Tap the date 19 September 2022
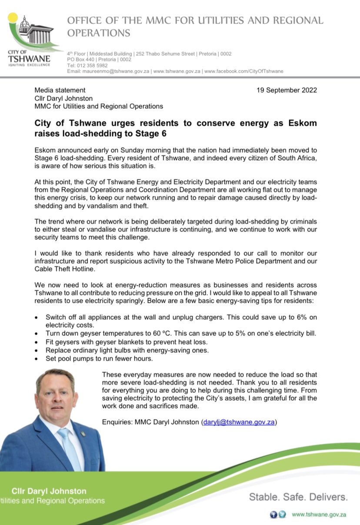287,90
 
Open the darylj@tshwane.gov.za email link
239,422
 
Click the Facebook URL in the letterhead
243,71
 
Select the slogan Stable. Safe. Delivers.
298,497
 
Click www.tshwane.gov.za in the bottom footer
319,515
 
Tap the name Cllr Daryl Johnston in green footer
49,491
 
